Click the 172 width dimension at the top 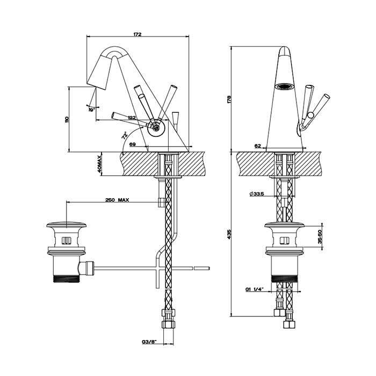[137, 34]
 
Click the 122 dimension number [132, 118]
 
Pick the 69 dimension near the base [132, 146]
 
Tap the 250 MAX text [117, 200]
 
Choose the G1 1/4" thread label [253, 290]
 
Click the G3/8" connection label [149, 341]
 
